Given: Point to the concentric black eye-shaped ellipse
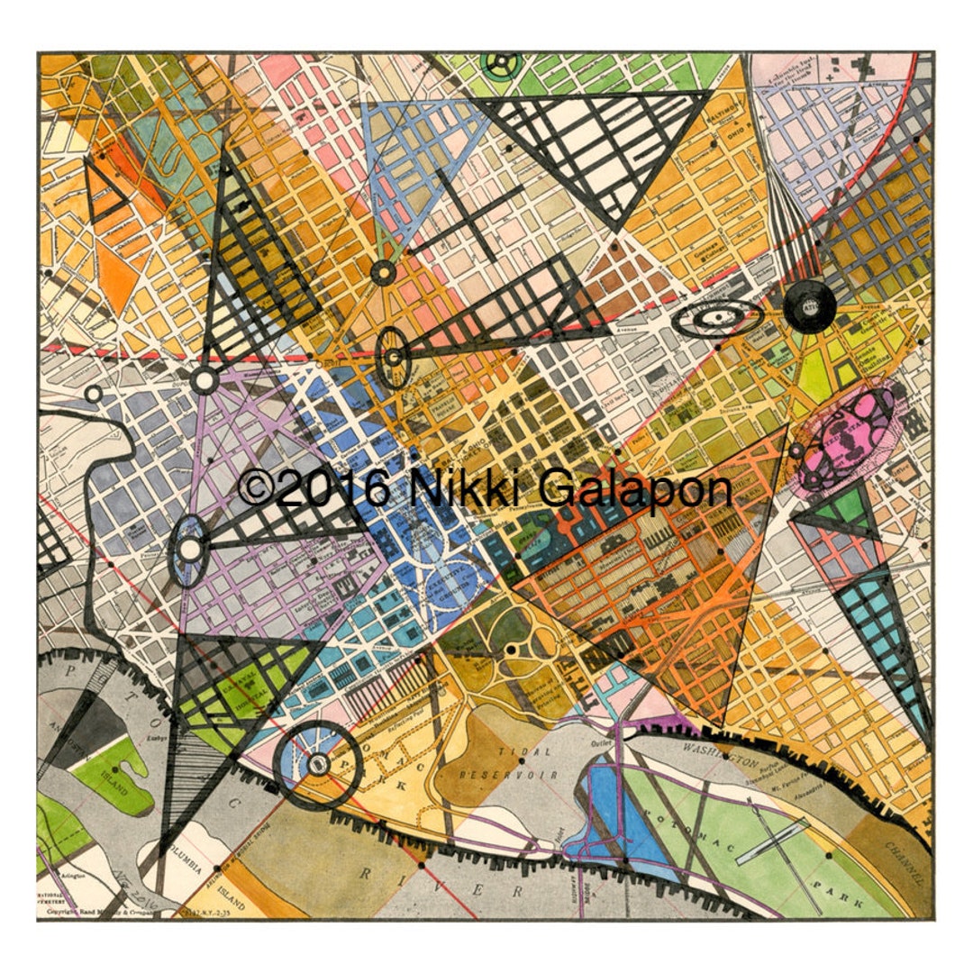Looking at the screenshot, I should point(718,317).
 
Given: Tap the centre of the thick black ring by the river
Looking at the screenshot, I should point(316,764).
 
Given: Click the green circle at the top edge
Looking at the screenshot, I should point(500,63).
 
